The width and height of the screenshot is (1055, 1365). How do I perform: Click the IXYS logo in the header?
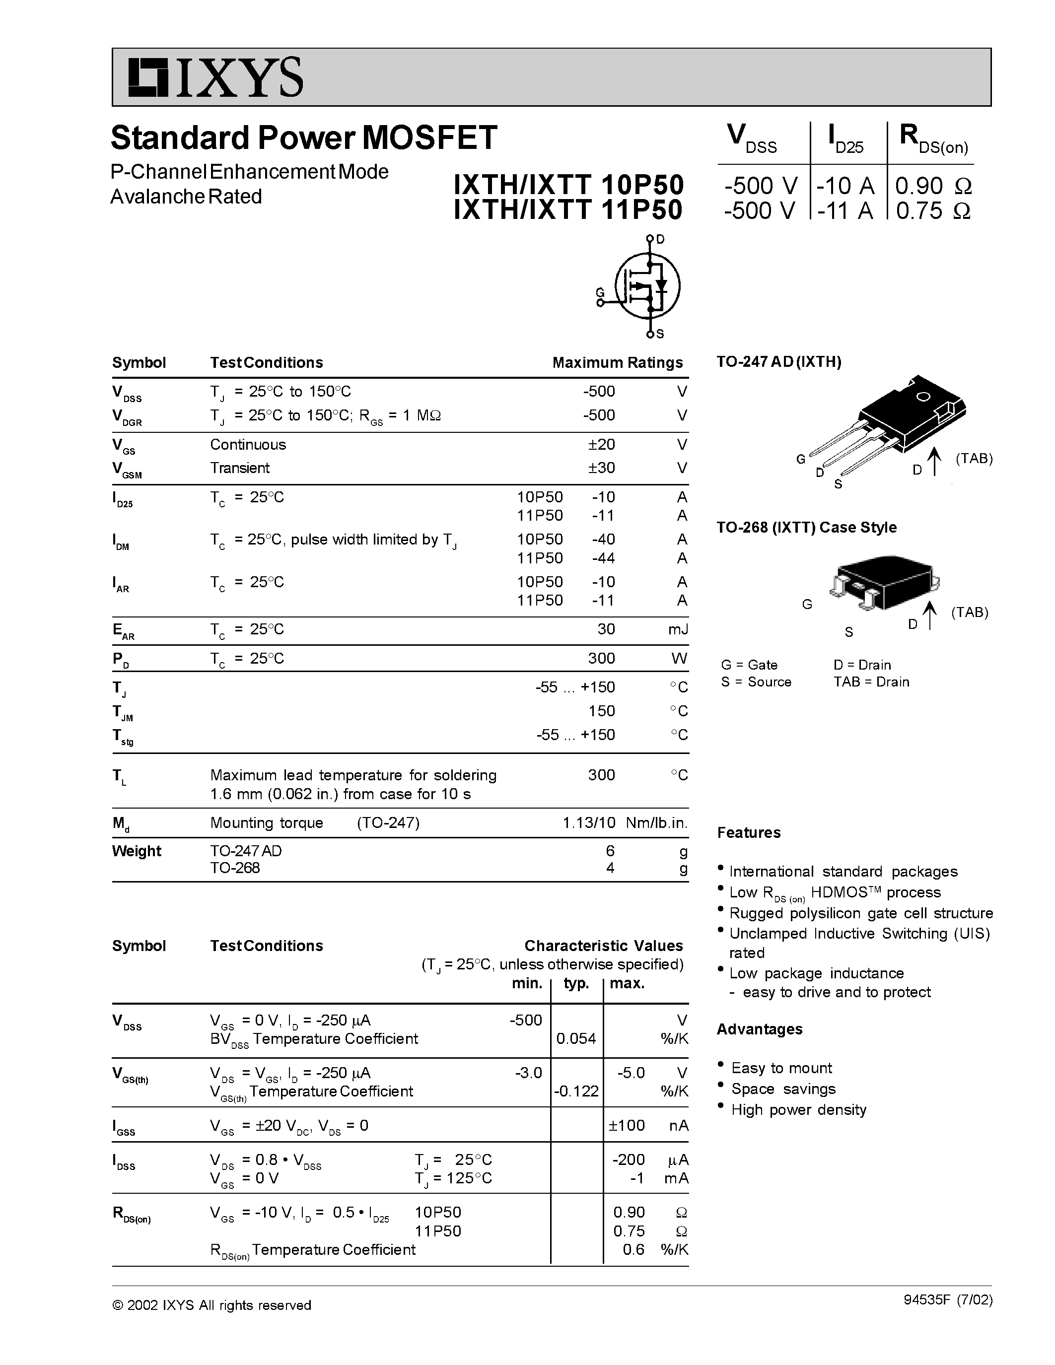tap(215, 77)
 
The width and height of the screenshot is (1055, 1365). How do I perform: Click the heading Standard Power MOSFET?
tap(304, 137)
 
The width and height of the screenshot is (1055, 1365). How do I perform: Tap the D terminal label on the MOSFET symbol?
tap(661, 239)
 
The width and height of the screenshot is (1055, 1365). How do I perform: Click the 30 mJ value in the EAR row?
tap(606, 629)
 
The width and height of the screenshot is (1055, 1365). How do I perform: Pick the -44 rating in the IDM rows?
tap(603, 557)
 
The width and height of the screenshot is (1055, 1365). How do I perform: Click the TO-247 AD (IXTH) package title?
tap(779, 362)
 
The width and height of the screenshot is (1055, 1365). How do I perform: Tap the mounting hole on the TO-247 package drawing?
tap(922, 397)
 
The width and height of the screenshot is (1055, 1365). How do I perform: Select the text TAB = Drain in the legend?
tap(871, 682)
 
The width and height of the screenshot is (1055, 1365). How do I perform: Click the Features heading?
tap(749, 832)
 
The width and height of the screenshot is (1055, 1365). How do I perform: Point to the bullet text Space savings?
tap(783, 1089)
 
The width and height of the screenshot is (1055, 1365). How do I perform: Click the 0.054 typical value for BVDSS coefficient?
tap(575, 1039)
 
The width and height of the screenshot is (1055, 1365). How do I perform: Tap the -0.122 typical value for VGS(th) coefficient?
tap(575, 1091)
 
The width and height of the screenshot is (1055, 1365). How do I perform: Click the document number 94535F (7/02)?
tap(947, 1300)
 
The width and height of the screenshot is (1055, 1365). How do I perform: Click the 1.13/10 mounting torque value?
tap(589, 822)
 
